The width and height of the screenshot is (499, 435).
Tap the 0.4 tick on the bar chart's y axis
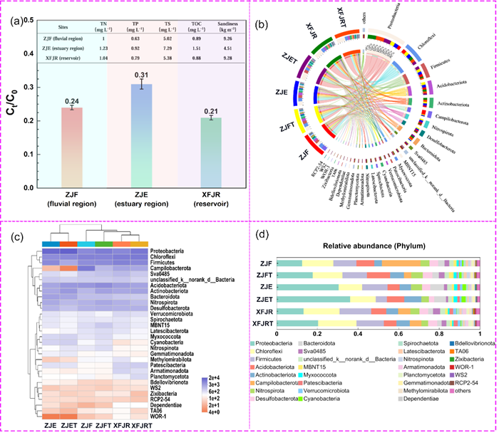coord(30,54)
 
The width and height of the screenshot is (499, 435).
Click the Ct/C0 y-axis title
coord(12,89)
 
